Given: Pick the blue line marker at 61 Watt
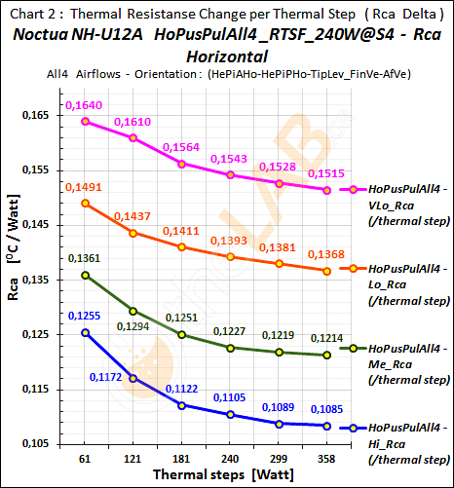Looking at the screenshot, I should pos(86,332).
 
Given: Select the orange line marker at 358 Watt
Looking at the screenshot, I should pos(326,271).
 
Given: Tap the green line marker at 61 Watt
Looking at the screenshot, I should pos(86,276).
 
